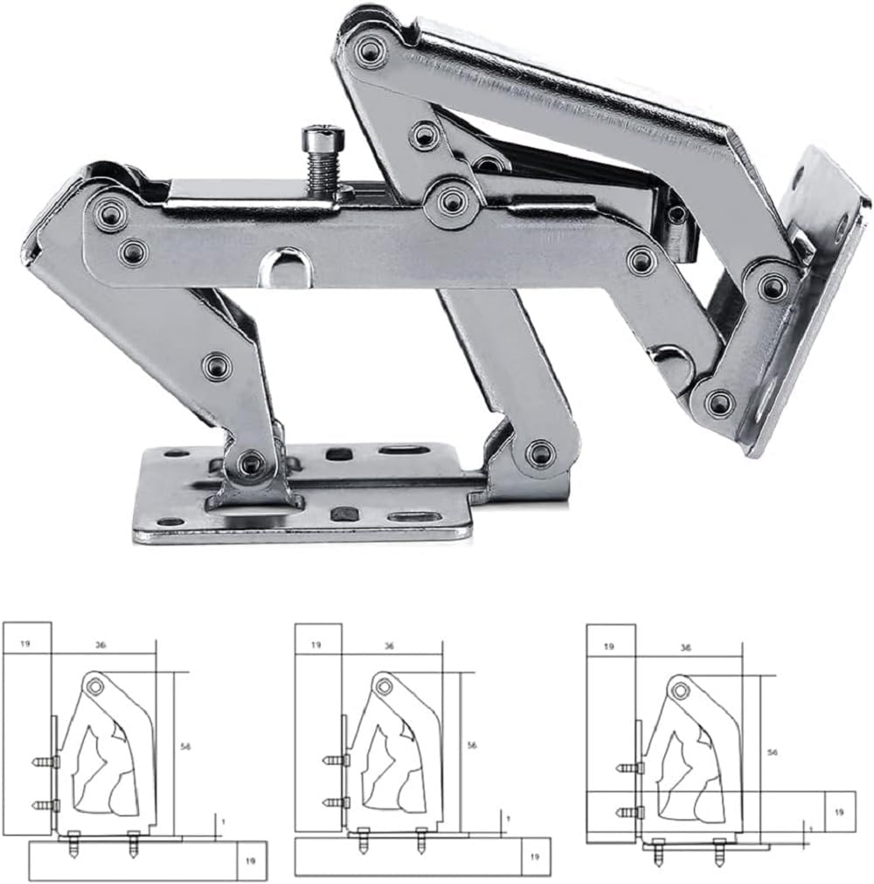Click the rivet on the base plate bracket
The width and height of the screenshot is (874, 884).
point(251,461)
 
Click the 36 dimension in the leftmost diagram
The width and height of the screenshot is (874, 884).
point(101,645)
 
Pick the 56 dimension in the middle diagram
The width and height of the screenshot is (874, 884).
point(472,745)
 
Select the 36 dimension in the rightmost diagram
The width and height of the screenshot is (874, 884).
point(685,648)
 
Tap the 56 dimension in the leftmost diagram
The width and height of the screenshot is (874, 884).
point(185,746)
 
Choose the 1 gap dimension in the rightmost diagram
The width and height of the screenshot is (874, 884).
point(812,827)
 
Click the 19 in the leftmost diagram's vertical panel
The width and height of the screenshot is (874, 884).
point(24,645)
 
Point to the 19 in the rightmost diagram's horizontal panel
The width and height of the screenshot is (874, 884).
point(838,811)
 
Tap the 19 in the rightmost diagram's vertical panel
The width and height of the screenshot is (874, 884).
point(609,646)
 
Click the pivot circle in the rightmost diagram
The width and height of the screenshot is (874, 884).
point(677,691)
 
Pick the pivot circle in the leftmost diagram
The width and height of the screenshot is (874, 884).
point(94,686)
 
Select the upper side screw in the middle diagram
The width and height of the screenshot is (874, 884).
point(333,761)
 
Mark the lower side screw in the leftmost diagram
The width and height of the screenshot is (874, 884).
point(44,805)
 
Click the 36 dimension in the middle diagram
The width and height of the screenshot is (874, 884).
point(389,646)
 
